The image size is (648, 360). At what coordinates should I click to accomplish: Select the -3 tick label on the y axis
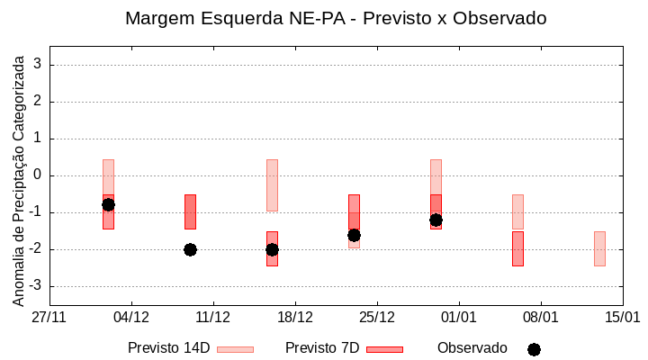[35, 286]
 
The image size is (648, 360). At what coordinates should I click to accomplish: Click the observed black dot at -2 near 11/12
[190, 249]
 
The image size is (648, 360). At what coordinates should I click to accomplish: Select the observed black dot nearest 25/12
[354, 235]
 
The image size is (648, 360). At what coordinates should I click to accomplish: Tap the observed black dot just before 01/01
[436, 220]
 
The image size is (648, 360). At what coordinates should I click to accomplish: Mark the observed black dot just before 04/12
[108, 204]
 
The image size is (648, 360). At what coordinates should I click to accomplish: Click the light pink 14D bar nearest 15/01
[599, 248]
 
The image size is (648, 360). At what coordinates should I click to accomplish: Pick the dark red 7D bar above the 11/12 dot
[190, 211]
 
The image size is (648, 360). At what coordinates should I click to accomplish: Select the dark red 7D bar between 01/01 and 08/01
[517, 248]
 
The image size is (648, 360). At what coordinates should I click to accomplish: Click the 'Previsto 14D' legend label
[168, 348]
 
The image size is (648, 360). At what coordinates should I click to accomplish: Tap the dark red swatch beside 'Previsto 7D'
[385, 349]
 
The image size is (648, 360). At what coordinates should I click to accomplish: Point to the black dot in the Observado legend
[534, 349]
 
